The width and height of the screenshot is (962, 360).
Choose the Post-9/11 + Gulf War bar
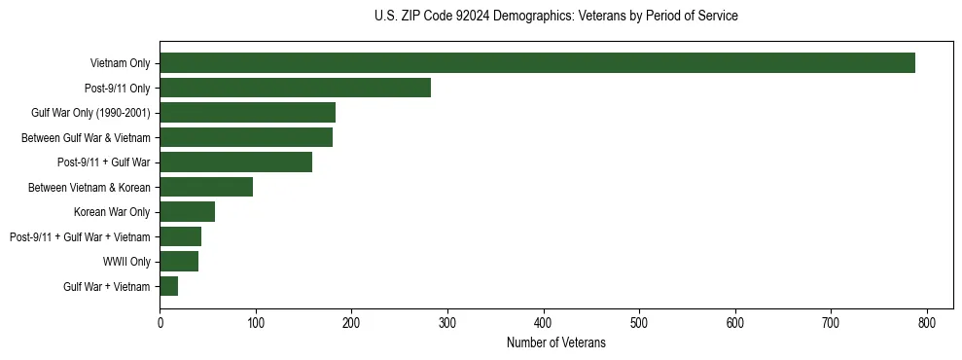coord(235,162)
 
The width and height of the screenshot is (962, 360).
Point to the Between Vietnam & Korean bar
coord(206,187)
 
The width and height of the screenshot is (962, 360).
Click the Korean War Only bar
coord(187,211)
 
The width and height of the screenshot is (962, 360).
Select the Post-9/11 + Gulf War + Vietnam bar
coord(180,236)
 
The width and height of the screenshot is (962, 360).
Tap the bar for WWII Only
coord(179,261)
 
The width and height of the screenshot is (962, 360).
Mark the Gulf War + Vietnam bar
coord(169,286)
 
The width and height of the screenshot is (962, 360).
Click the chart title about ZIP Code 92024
coord(555,17)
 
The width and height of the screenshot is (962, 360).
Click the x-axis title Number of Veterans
coord(555,343)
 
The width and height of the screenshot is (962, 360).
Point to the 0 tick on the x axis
coord(160,323)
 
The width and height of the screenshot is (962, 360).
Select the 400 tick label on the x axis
coord(543,323)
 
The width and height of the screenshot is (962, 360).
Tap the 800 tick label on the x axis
coord(926,323)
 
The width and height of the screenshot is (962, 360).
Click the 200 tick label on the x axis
coord(351,323)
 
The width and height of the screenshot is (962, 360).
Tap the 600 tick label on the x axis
coord(734,323)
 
